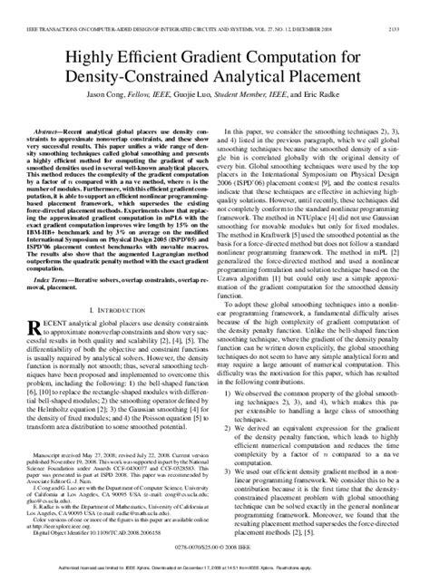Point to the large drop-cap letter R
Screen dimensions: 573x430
[x=37, y=327]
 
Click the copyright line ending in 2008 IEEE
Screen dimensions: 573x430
[x=215, y=549]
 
